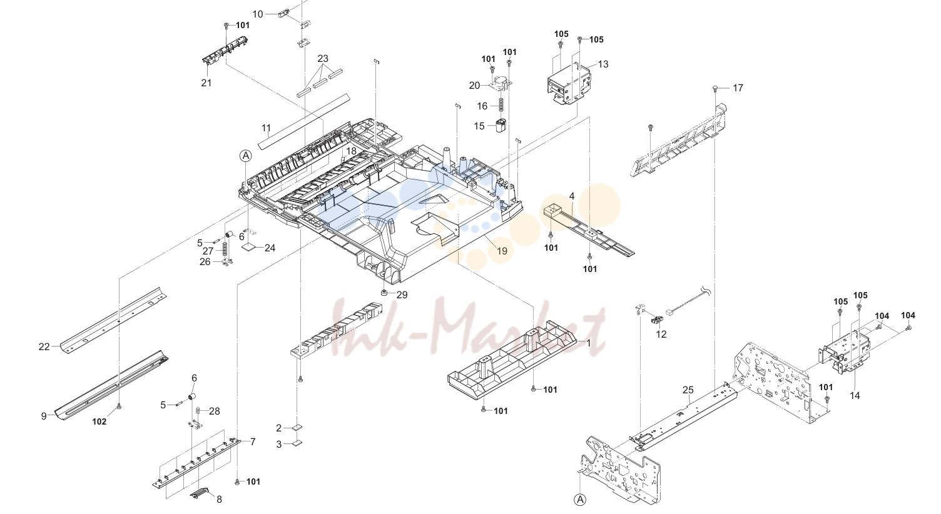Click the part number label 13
[x=603, y=64]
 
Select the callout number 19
[x=502, y=251]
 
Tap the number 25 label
[x=688, y=390]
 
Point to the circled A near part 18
[x=246, y=156]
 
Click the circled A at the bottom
[x=580, y=500]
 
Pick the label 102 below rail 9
[x=99, y=421]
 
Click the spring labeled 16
[x=501, y=104]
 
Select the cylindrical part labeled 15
[x=501, y=126]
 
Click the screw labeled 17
[x=715, y=88]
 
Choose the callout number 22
[x=44, y=347]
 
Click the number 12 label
[x=661, y=335]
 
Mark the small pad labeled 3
[x=297, y=443]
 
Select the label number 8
[x=219, y=499]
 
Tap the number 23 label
[x=323, y=58]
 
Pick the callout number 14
[x=855, y=396]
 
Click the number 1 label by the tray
[x=589, y=343]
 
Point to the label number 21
[x=206, y=83]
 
